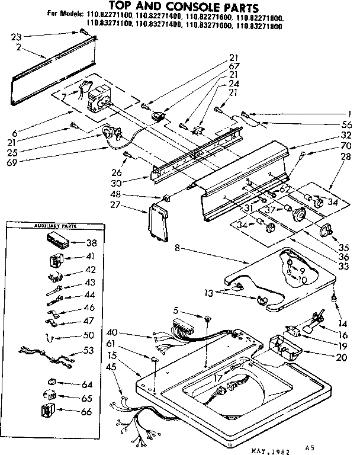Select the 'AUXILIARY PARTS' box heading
point(51,226)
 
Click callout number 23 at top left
point(16,36)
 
